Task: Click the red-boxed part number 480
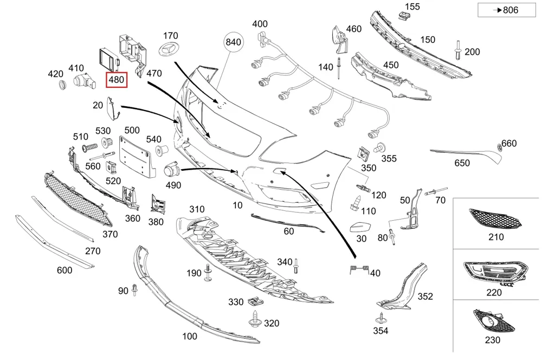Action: [117, 80]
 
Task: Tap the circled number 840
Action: [233, 42]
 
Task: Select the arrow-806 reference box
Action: [507, 10]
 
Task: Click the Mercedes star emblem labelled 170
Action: [168, 49]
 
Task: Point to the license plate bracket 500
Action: [135, 156]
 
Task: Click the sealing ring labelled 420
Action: [62, 85]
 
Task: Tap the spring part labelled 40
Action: [359, 269]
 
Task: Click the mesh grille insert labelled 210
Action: [495, 218]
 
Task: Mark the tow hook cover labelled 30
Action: [360, 227]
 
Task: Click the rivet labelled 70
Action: [436, 191]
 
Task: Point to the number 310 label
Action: [197, 209]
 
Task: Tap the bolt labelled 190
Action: [208, 273]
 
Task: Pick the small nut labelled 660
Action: [499, 146]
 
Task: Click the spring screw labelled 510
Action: [90, 147]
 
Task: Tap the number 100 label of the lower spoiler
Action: [189, 336]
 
